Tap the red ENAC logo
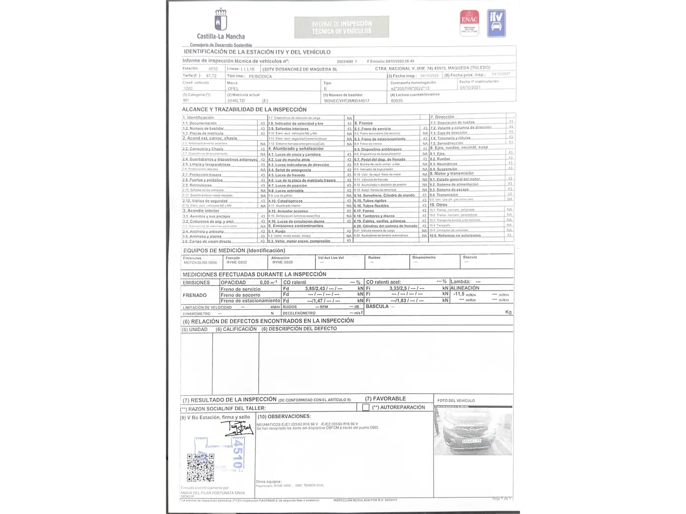click(x=469, y=23)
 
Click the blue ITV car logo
click(x=496, y=23)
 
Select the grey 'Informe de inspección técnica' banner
click(x=342, y=27)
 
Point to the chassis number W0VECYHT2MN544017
click(x=346, y=101)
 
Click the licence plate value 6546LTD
click(x=236, y=101)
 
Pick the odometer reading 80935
click(x=396, y=101)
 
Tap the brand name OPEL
click(x=233, y=89)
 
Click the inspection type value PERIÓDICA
click(x=260, y=76)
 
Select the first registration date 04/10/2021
click(x=470, y=88)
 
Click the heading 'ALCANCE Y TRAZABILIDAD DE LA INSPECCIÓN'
click(x=244, y=109)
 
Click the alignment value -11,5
click(x=459, y=294)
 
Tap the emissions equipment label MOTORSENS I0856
click(x=200, y=263)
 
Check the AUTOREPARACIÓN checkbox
click(x=366, y=407)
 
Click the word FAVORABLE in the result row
click(x=389, y=399)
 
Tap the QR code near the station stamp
click(x=200, y=467)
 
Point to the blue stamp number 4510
click(x=237, y=453)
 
